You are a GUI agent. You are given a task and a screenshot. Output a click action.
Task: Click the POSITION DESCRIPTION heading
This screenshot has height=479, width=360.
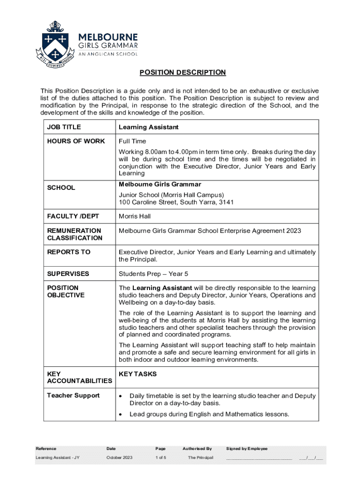pos(182,73)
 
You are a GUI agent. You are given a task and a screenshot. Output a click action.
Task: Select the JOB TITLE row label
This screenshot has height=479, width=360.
pos(64,127)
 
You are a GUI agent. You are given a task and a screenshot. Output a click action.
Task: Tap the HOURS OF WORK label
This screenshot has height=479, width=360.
pos(76,141)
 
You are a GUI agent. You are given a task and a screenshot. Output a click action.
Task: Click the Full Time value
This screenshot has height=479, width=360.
pos(132,141)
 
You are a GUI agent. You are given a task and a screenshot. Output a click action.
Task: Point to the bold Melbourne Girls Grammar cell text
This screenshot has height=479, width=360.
pos(160,184)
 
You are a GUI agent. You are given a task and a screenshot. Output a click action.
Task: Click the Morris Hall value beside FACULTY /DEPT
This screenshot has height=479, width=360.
pos(135,217)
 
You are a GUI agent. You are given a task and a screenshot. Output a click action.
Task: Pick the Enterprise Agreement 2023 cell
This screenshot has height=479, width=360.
pos(210,231)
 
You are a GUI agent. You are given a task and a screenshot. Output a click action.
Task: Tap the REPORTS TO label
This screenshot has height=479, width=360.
pos(69,252)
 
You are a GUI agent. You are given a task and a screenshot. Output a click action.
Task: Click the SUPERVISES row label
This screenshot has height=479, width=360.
pos(68,274)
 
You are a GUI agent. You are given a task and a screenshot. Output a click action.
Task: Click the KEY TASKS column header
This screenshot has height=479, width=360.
pos(138,374)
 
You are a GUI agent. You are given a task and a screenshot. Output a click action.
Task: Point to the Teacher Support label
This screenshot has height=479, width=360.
pos(73,396)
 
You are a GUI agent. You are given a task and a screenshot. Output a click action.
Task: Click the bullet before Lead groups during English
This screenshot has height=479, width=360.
pos(122,414)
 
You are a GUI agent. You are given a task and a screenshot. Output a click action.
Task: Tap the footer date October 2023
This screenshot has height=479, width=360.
pos(120,457)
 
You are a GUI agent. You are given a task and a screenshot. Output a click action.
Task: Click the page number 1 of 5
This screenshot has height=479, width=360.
pos(161,457)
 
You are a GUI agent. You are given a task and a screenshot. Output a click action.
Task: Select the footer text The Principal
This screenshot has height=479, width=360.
pos(201,457)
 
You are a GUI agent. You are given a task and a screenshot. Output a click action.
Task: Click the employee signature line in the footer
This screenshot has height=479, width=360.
pos(259,458)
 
